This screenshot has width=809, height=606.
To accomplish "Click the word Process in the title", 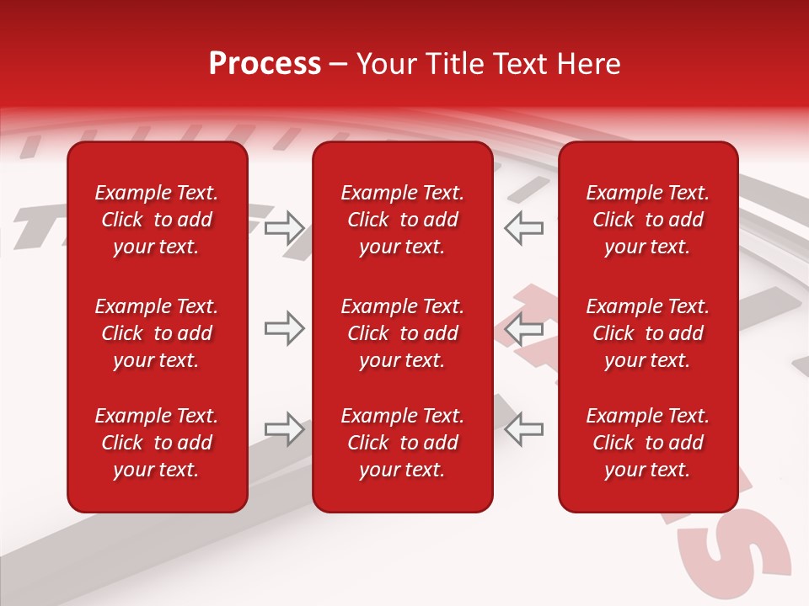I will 265,64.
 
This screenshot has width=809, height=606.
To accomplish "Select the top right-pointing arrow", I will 284,227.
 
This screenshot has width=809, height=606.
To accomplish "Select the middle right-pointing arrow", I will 284,328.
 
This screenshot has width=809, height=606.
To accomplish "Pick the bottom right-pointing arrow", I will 284,429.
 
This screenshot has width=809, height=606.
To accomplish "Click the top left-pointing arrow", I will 524,227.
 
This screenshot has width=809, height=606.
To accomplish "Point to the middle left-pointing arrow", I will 524,328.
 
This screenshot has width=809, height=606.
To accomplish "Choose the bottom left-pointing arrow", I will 524,429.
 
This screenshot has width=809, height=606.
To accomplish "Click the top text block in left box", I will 157,220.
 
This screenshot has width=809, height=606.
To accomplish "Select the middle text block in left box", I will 157,333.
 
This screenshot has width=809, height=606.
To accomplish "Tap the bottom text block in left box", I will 157,443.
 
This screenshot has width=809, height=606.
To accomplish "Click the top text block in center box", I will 403,220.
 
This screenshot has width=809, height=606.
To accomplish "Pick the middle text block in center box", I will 403,333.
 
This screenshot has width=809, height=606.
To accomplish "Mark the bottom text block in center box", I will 403,443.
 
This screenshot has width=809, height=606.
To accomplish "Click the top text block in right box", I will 648,220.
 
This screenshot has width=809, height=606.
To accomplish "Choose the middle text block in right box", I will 648,333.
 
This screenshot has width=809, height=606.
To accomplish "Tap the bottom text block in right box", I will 648,443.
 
